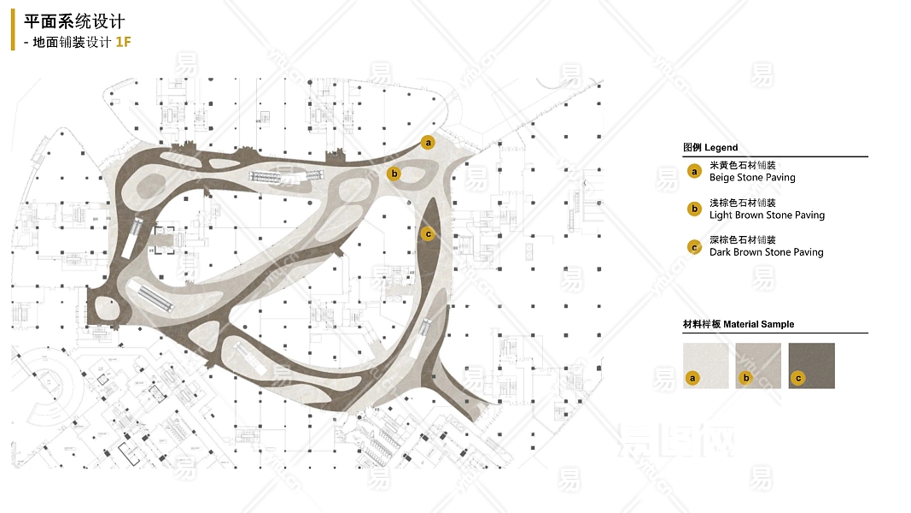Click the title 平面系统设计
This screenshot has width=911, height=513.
tap(74, 22)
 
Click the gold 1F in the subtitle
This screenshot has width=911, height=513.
tap(123, 42)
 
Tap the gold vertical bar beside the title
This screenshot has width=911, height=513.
tap(13, 31)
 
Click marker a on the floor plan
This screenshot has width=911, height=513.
tap(429, 143)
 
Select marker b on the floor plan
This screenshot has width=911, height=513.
tap(394, 174)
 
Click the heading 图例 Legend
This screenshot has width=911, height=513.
tap(710, 148)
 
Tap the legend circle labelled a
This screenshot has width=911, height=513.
tap(694, 172)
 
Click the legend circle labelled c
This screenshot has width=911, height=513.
tap(694, 247)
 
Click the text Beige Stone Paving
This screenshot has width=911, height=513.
tap(752, 178)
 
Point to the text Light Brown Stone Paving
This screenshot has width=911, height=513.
tap(767, 215)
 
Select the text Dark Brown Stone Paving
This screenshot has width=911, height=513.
tap(766, 253)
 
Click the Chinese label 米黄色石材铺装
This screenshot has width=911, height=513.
tap(742, 165)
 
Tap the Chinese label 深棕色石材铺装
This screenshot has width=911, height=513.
tap(742, 240)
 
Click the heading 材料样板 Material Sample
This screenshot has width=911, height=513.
tap(739, 325)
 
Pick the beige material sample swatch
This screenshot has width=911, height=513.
tap(706, 366)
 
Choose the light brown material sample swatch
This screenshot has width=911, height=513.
tap(758, 366)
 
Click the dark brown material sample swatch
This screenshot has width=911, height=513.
tap(811, 366)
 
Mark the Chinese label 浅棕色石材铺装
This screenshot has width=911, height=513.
tap(742, 203)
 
